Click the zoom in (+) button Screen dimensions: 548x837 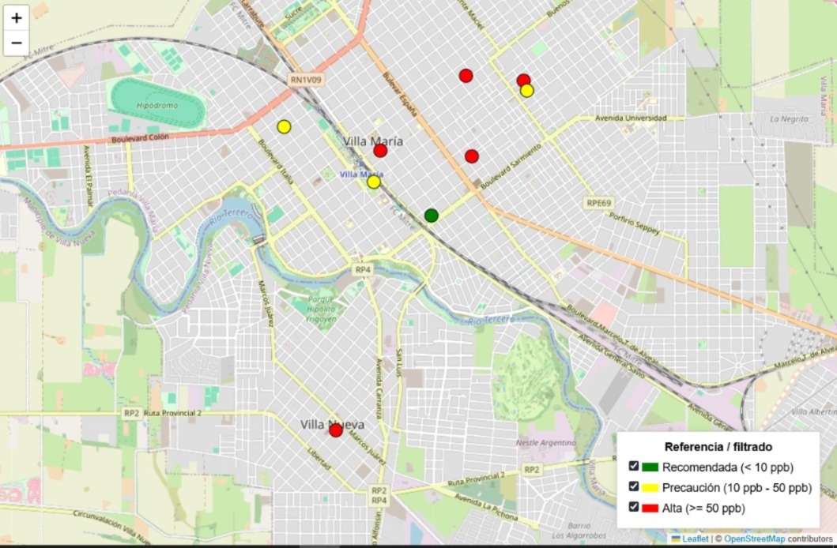[16, 17]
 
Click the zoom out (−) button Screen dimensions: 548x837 [16, 43]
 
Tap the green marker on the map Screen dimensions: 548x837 [431, 215]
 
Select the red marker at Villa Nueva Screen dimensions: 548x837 [336, 430]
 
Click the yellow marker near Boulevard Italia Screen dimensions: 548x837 [284, 126]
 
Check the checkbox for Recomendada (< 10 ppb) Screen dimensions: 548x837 [634, 466]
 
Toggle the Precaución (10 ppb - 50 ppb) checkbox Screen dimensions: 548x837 [634, 486]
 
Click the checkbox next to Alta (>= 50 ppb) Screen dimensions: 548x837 [634, 507]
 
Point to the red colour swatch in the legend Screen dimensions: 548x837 [650, 508]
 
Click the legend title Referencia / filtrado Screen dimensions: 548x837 [718, 447]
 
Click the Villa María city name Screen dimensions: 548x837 [373, 141]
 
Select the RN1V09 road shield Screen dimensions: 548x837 [305, 79]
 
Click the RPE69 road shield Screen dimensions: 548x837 [599, 203]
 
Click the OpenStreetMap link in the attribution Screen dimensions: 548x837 [750, 539]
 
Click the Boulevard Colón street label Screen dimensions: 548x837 [141, 137]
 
